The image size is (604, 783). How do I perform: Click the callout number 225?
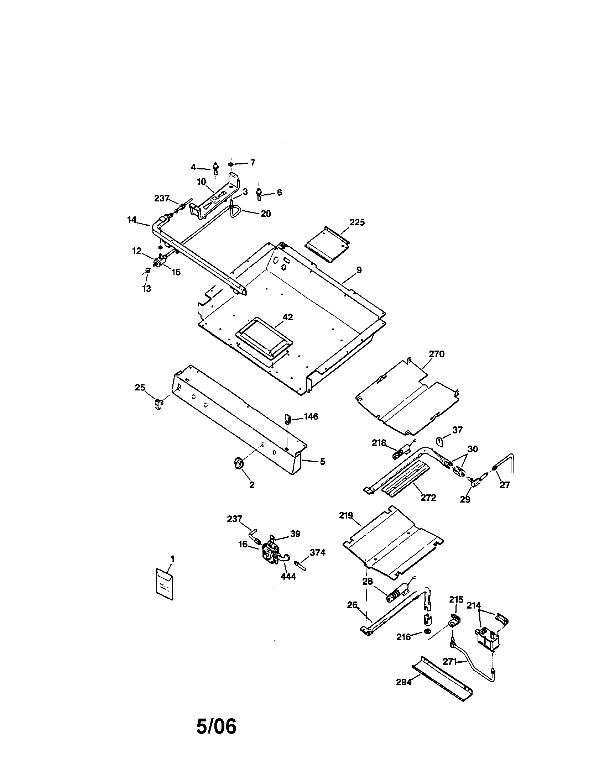point(357,222)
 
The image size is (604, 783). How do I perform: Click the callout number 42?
point(288,317)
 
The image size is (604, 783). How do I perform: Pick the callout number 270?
point(437,354)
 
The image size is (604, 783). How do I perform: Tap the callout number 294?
point(403,682)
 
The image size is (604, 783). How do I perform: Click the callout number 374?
point(317,552)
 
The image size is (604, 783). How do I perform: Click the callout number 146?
point(311,416)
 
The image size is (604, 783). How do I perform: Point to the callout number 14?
point(132,220)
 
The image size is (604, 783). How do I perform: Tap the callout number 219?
point(346,516)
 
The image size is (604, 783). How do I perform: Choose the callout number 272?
point(428,498)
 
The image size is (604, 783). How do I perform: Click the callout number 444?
point(288,577)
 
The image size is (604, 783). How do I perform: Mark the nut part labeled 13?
point(147,270)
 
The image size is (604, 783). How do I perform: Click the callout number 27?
point(505,485)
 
